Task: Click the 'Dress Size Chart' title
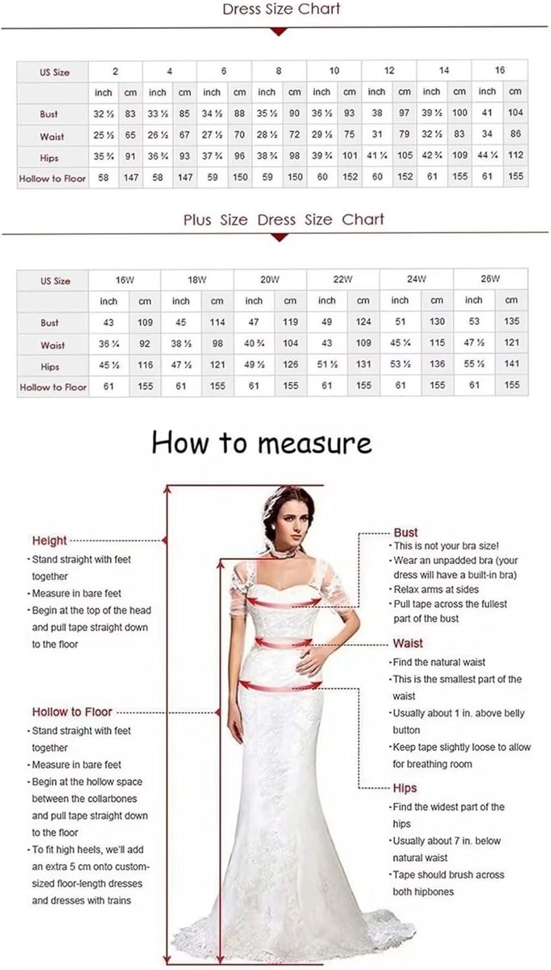coord(281,9)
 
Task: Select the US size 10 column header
coord(334,70)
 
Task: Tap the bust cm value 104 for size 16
coord(515,113)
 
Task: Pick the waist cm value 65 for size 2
coord(131,135)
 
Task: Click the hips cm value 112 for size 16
coord(515,155)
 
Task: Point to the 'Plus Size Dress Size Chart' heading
coord(284,220)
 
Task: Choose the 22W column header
coord(343,279)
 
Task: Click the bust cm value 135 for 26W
coord(512,321)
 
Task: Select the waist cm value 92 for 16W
coord(145,344)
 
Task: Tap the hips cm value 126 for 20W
coord(290,365)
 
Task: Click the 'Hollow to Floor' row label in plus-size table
coord(53,387)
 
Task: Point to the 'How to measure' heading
coord(262,444)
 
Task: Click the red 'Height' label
coord(49,541)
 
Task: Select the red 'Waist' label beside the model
coord(407,643)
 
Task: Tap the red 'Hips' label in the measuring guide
coord(405,788)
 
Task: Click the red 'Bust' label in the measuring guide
coord(405,533)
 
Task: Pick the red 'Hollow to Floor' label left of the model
coord(72,712)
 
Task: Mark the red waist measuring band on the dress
coord(283,643)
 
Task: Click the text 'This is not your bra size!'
coord(446,546)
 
